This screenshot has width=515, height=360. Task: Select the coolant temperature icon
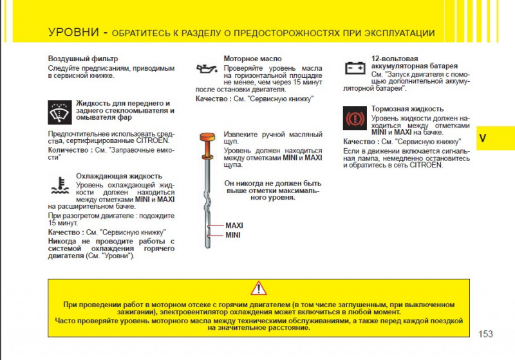[60, 185]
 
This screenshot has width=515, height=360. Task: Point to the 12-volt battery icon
[354, 67]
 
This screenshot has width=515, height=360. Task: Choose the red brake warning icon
[355, 118]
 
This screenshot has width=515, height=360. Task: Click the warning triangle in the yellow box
[258, 289]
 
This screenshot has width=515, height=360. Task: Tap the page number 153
[486, 334]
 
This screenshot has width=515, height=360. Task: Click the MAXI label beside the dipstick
[234, 226]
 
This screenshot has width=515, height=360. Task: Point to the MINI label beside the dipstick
[232, 235]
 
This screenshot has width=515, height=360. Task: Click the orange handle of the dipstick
[207, 137]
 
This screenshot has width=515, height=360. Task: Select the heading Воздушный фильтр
[83, 59]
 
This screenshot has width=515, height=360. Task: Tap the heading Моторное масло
[252, 59]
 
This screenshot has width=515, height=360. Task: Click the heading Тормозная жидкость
[407, 109]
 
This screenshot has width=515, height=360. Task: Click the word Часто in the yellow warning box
[67, 319]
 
